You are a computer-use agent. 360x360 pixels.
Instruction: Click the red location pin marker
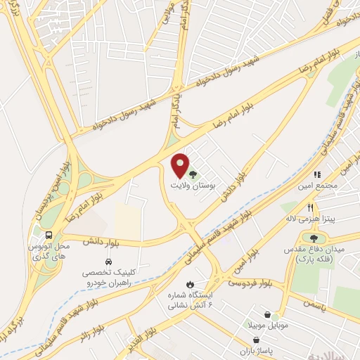pyautogui.click(x=181, y=165)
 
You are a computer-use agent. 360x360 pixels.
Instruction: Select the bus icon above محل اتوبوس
pyautogui.click(x=48, y=236)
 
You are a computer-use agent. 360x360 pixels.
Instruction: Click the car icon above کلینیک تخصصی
pyautogui.click(x=108, y=262)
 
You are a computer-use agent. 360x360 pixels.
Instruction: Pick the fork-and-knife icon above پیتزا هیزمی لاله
pyautogui.click(x=310, y=208)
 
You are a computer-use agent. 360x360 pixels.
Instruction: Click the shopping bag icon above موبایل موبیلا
pyautogui.click(x=267, y=315)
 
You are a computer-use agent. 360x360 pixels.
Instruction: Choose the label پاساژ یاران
pyautogui.click(x=265, y=349)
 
